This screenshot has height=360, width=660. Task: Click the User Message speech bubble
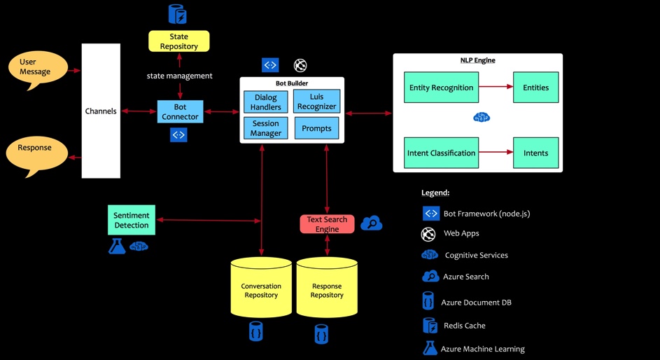tap(35, 67)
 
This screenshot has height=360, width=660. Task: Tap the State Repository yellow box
tap(178, 41)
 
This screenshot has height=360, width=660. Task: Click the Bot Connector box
tap(180, 112)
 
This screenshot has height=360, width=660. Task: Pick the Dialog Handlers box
tap(265, 102)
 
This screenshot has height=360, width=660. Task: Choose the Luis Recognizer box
tap(316, 102)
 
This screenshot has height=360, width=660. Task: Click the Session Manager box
tap(265, 128)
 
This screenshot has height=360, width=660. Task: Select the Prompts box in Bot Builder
tap(316, 128)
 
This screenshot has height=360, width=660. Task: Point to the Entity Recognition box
tap(441, 88)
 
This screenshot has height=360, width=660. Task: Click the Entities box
tap(535, 88)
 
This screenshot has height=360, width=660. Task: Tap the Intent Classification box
tap(441, 153)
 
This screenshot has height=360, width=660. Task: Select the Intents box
tap(535, 153)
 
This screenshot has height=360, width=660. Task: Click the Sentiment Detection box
tap(132, 220)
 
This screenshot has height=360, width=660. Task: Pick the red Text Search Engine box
tap(327, 224)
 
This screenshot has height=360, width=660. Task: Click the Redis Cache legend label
tap(464, 326)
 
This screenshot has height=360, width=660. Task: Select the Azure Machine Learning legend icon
tap(429, 348)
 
